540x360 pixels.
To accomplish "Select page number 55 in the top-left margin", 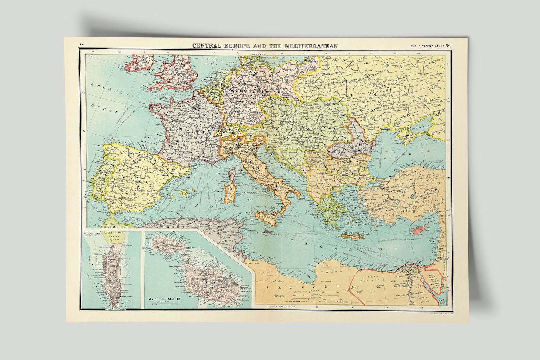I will coord(82,44).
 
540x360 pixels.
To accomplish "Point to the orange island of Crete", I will coord(354,236).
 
